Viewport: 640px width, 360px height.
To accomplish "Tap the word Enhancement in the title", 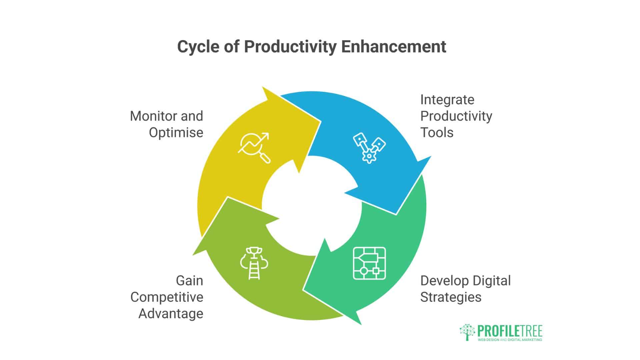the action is pos(394,47).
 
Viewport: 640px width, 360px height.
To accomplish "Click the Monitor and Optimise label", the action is pos(167,124).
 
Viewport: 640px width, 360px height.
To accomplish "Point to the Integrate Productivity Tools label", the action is pos(456,116).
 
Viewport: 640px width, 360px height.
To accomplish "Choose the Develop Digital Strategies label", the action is pos(465,289).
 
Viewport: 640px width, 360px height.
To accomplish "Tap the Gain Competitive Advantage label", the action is pos(167,297).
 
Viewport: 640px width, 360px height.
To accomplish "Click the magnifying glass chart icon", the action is pos(254,148).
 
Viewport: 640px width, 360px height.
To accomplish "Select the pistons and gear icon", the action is pos(369,148).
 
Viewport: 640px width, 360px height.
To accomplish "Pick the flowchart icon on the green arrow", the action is pos(369,263).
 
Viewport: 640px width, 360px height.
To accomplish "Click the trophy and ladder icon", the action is pos(254,263).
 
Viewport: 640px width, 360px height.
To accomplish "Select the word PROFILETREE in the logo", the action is pos(510,331).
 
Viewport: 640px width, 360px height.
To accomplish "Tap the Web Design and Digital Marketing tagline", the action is pos(510,340).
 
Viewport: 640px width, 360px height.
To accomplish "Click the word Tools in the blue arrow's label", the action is pos(437,132).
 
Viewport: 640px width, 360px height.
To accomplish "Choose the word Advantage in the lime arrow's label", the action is pos(171,314).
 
